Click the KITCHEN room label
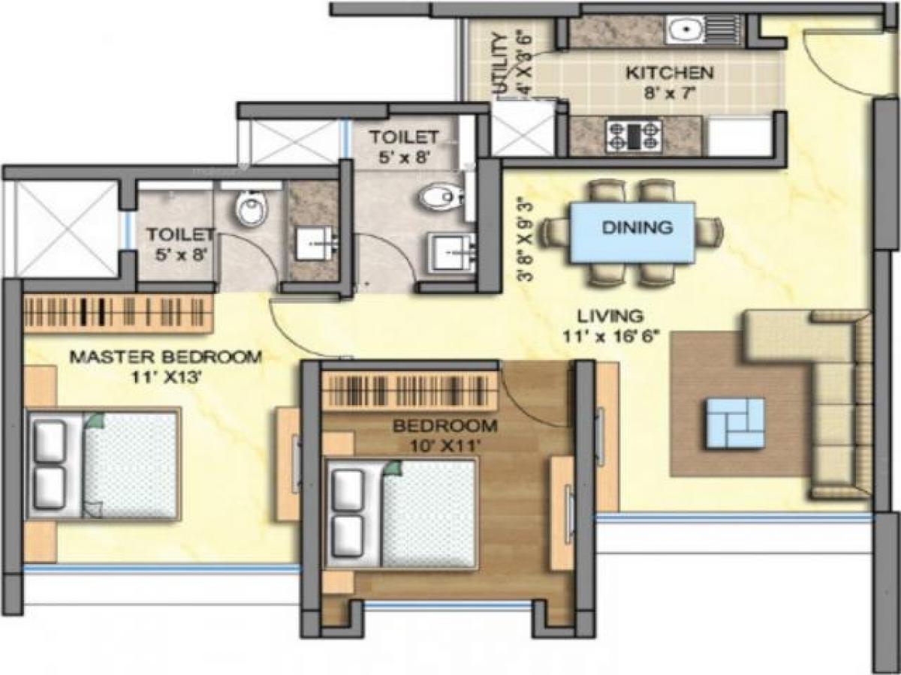coord(669,73)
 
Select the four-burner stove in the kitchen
coord(634,136)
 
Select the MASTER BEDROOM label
coord(166,357)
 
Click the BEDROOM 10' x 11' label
coord(445,427)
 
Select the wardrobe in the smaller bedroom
coord(410,391)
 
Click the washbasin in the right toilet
coord(450,251)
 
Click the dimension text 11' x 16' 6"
coord(610,336)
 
